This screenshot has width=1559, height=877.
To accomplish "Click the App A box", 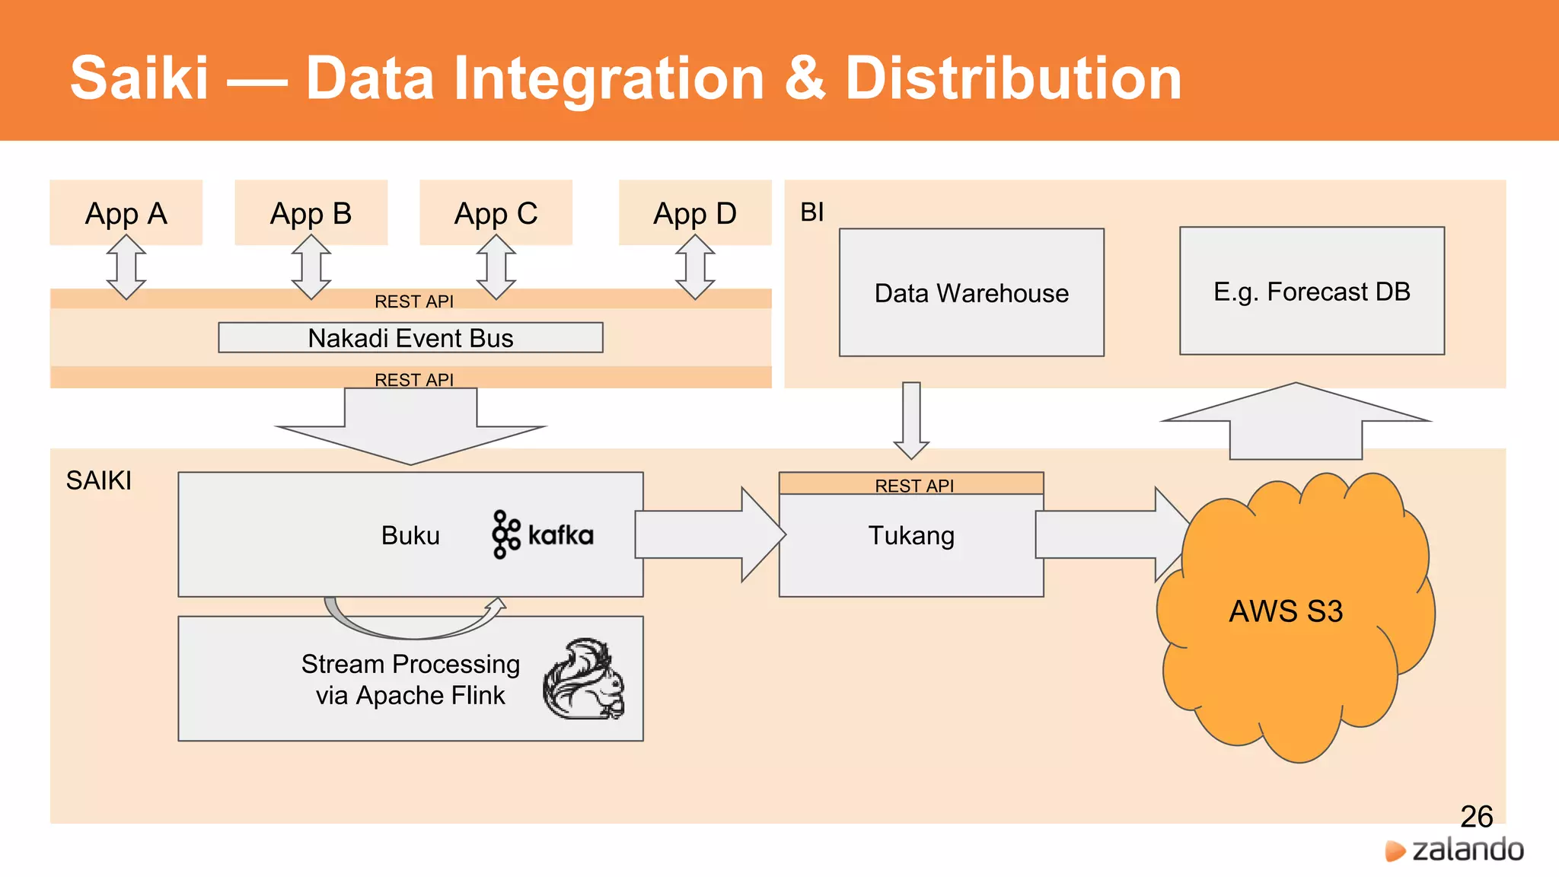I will (x=126, y=212).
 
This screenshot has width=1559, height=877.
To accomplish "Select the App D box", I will (x=694, y=212).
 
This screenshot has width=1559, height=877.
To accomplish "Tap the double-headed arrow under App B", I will (x=311, y=266).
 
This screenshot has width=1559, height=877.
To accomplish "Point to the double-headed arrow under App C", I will (x=496, y=266).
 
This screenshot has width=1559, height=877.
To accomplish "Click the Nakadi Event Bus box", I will (x=410, y=337).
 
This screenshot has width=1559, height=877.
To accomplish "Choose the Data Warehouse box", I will (x=971, y=292).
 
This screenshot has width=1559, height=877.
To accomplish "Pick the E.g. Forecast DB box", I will (x=1312, y=291).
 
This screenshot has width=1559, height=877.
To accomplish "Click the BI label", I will (x=811, y=212).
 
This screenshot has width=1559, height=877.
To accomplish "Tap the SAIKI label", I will (x=98, y=480).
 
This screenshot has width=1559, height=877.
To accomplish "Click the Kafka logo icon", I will (x=506, y=534).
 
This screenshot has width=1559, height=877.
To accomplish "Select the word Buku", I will (x=410, y=535).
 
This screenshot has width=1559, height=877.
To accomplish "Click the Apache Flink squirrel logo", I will (x=585, y=679).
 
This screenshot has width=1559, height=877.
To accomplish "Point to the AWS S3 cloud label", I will (x=1286, y=611).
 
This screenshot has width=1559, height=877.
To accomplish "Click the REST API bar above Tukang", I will (x=911, y=484).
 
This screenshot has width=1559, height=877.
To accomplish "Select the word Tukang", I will (x=911, y=535).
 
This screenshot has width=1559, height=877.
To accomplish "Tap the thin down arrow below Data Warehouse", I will (x=911, y=419).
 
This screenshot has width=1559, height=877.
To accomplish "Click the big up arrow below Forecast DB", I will (x=1296, y=423).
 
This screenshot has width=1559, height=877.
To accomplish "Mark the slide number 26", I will (x=1476, y=816).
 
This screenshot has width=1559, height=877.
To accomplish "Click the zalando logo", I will (x=1454, y=850).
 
